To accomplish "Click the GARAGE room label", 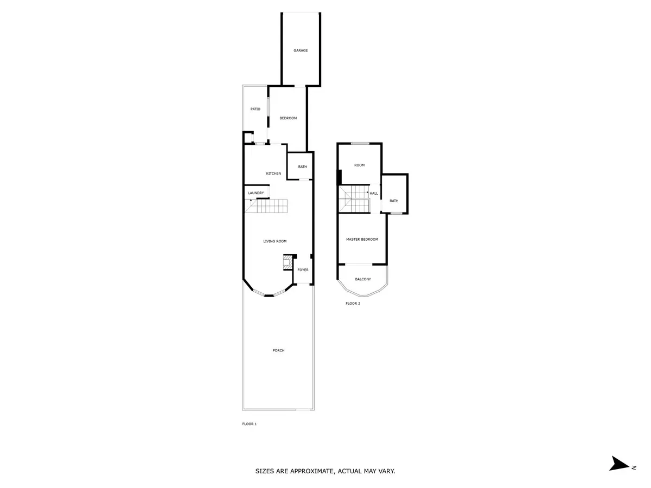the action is [301, 50].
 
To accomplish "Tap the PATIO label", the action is [255, 109].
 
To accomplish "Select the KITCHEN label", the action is [273, 174].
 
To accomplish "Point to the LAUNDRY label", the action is [256, 193].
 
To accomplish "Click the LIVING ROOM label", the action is [275, 241].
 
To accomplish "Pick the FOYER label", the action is [303, 270].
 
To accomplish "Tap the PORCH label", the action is [278, 350].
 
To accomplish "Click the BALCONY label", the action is [363, 279].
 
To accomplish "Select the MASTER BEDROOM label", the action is [362, 240].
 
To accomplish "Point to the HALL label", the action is [374, 194].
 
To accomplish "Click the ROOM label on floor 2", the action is [359, 165].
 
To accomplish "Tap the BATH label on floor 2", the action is [393, 201].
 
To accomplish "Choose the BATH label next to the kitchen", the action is [302, 167].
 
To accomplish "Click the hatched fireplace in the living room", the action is [287, 262].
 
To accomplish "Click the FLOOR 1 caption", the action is [249, 424].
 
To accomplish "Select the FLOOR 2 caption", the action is [353, 304].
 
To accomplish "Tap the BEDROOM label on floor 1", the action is [288, 118].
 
